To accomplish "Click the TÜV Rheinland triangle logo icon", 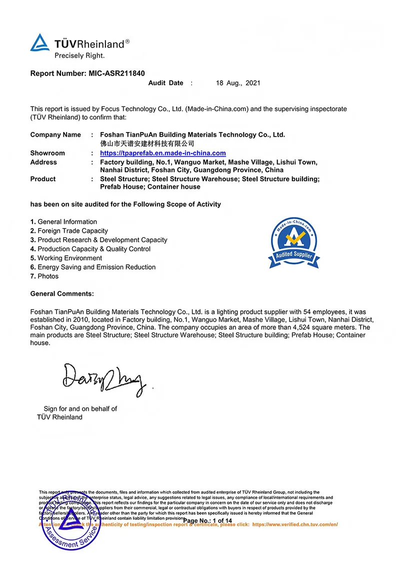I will tap(40, 43).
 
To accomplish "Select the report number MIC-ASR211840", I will tap(116, 73).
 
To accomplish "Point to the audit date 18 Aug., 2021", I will tap(238, 83).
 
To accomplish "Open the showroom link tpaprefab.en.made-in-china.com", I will tap(163, 153).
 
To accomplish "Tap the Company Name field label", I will tap(55, 135).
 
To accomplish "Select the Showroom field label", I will tap(47, 153).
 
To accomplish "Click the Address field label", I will tap(43, 162).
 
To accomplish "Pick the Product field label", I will tap(43, 179).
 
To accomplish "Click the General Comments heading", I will tap(62, 294).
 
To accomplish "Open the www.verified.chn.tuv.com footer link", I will tap(295, 524).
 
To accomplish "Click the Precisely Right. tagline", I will tap(79, 56).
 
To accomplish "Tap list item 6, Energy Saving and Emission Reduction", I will tap(93, 267).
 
